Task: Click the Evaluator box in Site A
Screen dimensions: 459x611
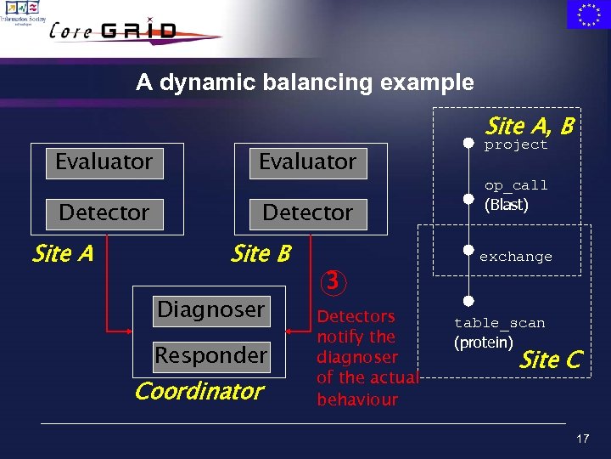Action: [x=104, y=161]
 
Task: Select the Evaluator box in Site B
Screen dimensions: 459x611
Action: [x=307, y=161]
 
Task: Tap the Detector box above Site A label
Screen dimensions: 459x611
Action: [x=104, y=212]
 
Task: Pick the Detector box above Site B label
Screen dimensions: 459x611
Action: [x=307, y=212]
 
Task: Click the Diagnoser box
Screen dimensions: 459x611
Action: [x=210, y=309]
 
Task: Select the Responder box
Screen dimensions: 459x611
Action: [x=210, y=355]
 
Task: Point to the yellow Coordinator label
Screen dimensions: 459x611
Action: [x=199, y=392]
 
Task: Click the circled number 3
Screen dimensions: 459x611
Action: [x=335, y=280]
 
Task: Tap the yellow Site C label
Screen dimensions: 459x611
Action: [x=550, y=360]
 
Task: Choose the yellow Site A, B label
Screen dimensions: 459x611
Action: [x=530, y=127]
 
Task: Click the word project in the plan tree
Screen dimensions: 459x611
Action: [x=516, y=145]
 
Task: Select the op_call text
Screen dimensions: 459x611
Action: [x=516, y=185]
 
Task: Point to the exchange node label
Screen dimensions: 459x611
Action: [x=516, y=257]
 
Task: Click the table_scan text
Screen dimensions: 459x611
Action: [x=500, y=323]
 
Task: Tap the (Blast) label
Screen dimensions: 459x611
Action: [x=507, y=205]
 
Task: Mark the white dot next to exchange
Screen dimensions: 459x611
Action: [x=468, y=250]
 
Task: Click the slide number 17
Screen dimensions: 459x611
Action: [x=582, y=439]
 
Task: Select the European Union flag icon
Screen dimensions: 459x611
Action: [x=588, y=14]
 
